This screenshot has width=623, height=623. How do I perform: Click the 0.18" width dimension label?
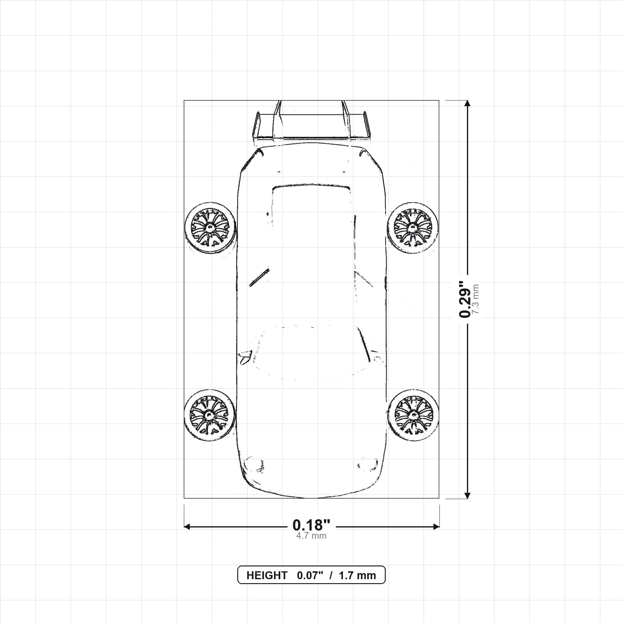click(311, 525)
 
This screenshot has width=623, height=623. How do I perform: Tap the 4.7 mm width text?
click(311, 536)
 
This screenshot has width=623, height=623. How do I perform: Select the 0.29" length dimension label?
click(465, 299)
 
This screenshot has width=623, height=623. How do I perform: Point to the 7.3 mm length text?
click(475, 299)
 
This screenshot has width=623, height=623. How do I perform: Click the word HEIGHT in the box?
click(267, 576)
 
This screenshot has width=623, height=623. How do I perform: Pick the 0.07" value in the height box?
click(310, 576)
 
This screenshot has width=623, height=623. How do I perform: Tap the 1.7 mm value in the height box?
click(357, 576)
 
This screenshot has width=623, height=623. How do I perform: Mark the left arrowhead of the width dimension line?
click(187, 527)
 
